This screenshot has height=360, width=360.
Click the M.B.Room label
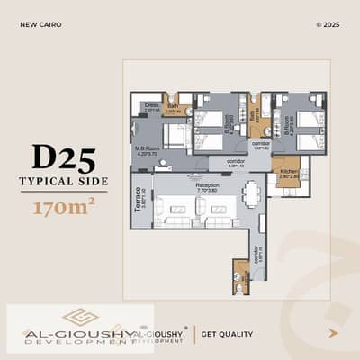coord(146,149)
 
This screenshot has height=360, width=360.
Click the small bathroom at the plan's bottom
coord(241,278)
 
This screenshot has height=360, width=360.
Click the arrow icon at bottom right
coord(333,332)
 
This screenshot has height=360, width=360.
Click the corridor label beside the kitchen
coord(260,144)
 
